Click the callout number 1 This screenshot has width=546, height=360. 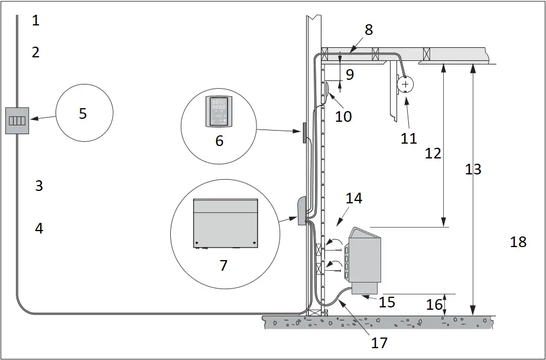(x=35, y=21)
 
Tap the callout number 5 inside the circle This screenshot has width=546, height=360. (x=83, y=113)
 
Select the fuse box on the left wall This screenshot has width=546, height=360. (x=17, y=121)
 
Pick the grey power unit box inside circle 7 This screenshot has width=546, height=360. (x=226, y=223)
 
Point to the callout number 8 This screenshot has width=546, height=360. (x=369, y=30)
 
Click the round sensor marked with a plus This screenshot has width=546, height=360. (x=405, y=85)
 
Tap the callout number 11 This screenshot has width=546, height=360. (x=408, y=138)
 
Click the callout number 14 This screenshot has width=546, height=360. (x=354, y=199)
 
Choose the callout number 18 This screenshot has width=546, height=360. (x=518, y=242)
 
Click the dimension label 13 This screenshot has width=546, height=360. (x=473, y=170)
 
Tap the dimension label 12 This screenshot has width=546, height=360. (x=433, y=153)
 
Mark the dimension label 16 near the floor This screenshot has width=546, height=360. (x=434, y=304)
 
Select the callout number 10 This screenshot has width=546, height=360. (x=343, y=116)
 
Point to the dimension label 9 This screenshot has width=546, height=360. (x=349, y=75)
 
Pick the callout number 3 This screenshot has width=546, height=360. (x=39, y=186)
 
